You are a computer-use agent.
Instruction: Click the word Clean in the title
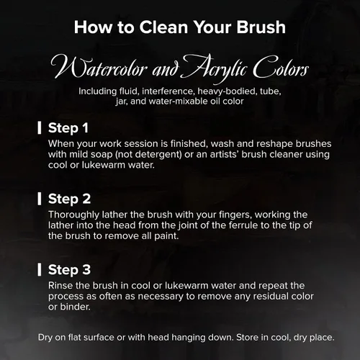tap(163, 27)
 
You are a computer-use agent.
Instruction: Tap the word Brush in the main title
tap(261, 27)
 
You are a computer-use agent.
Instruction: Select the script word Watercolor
tap(99, 67)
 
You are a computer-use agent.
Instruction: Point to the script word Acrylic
tap(215, 68)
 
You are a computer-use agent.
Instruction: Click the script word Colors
tap(281, 68)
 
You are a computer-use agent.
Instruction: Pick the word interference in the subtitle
tap(168, 91)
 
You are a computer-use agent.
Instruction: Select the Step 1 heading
tap(68, 128)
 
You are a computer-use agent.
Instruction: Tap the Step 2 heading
tap(69, 199)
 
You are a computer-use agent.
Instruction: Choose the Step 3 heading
tap(69, 270)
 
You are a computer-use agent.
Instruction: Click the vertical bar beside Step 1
tap(40, 127)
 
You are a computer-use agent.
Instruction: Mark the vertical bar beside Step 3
tap(40, 269)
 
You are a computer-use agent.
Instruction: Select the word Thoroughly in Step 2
tap(73, 215)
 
